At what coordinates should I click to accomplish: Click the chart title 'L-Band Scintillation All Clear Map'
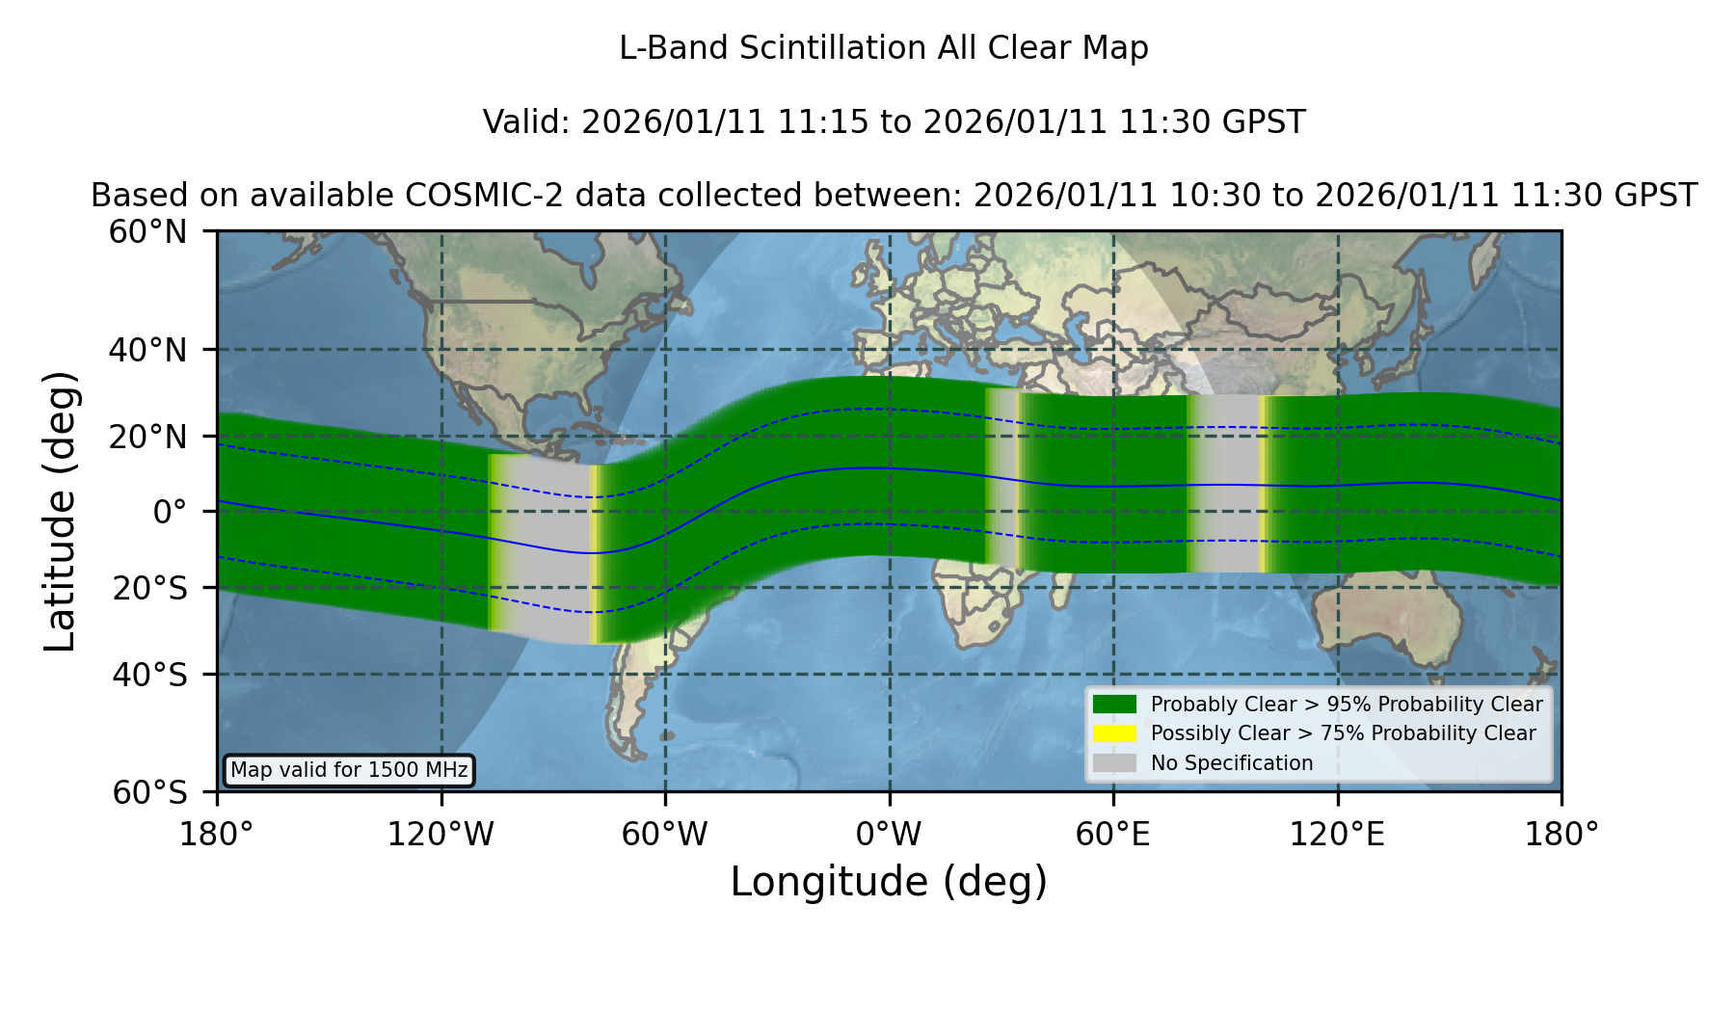[883, 48]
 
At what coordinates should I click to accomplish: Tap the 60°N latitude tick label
[147, 232]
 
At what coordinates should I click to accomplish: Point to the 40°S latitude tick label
[149, 675]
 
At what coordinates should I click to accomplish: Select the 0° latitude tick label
[170, 512]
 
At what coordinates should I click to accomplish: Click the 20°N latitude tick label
[147, 437]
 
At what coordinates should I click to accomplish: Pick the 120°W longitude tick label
[440, 835]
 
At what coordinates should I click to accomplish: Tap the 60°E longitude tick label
[1113, 835]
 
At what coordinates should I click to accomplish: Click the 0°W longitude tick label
[889, 835]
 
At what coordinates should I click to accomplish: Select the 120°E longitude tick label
[1337, 835]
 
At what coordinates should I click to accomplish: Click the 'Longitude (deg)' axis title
[889, 882]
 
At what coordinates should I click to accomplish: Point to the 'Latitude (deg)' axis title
[60, 511]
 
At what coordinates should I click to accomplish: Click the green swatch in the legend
[1115, 704]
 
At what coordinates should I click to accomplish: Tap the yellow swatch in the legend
[1115, 732]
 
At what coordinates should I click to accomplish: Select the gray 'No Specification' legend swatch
[1115, 762]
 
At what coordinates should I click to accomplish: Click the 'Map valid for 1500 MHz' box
[349, 770]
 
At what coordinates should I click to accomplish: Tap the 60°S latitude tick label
[149, 793]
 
